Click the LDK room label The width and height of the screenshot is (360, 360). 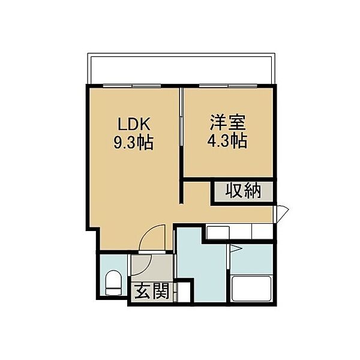134,125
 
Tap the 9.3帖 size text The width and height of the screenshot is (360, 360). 134,143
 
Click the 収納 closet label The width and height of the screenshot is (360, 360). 243,191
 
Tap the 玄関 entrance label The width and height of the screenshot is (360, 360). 152,291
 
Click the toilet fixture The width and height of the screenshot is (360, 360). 113,283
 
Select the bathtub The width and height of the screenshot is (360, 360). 251,289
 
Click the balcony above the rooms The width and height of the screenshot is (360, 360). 181,69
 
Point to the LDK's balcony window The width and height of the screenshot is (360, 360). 132,86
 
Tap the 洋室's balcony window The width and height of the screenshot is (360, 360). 228,86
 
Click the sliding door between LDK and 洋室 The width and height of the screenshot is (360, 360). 181,117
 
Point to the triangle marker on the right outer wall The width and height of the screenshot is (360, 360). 281,214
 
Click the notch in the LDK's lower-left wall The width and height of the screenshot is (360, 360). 93,230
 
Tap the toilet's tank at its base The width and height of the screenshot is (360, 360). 113,292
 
